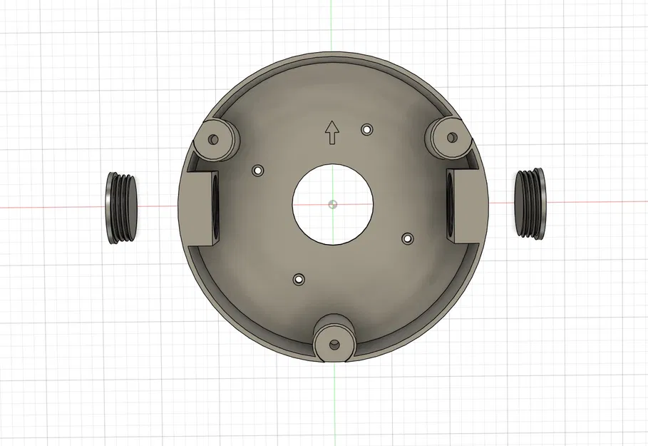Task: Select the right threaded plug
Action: tap(531, 203)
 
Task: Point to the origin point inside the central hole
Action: tap(333, 204)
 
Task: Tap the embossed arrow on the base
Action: tap(331, 132)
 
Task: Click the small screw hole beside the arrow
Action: tap(367, 129)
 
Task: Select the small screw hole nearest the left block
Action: tap(258, 171)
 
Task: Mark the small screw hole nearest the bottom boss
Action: tap(298, 279)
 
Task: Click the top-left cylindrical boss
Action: tap(216, 138)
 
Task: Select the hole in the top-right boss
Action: tap(452, 137)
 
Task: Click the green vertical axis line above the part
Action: tap(332, 29)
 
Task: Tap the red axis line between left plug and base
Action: tap(157, 207)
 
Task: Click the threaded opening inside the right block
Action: tap(451, 205)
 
